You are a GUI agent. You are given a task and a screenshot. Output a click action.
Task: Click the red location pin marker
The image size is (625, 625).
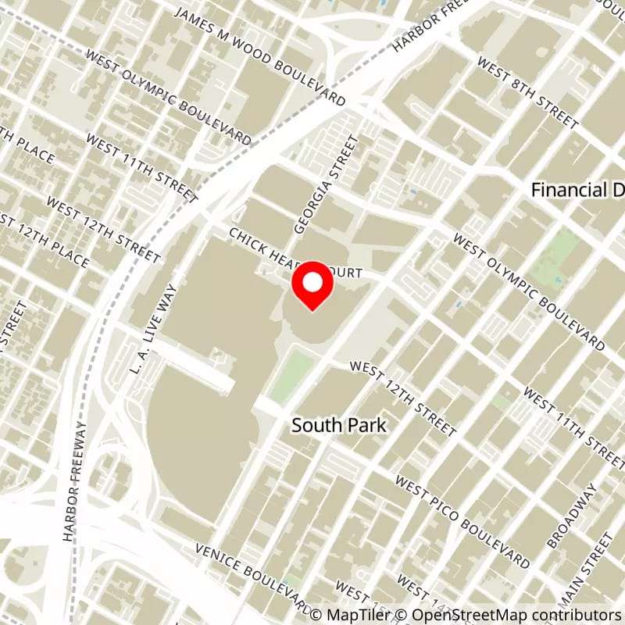(312, 286)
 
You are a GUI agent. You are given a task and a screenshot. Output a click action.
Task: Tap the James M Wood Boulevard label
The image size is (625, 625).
(259, 56)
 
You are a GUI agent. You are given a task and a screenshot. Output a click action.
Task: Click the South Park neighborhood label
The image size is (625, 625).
(339, 425)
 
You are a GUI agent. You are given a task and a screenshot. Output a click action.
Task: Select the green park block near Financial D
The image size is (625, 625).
(562, 255)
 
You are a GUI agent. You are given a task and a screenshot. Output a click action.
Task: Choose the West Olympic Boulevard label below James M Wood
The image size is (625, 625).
(169, 98)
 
